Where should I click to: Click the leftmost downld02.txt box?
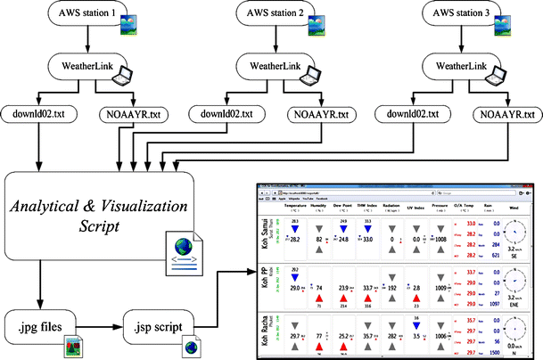tap(39, 114)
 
